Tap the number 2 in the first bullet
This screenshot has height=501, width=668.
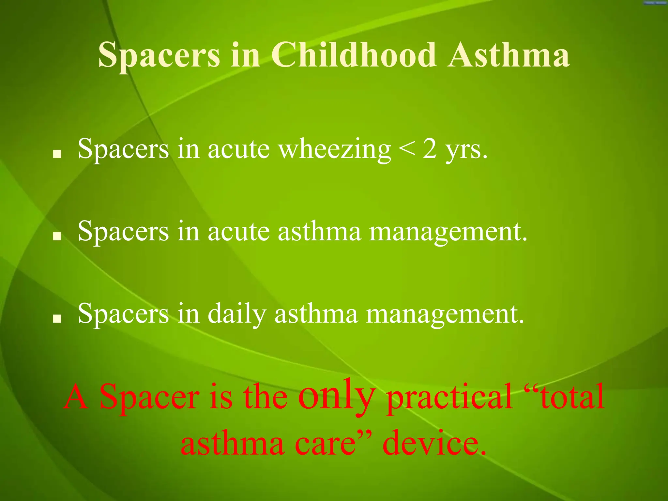(430, 149)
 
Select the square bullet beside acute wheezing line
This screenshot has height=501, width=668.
(57, 154)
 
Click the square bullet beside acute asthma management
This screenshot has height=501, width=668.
(57, 236)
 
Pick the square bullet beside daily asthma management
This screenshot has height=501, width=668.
(57, 318)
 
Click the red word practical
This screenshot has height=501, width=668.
(449, 397)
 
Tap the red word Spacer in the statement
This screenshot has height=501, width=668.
(150, 397)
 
